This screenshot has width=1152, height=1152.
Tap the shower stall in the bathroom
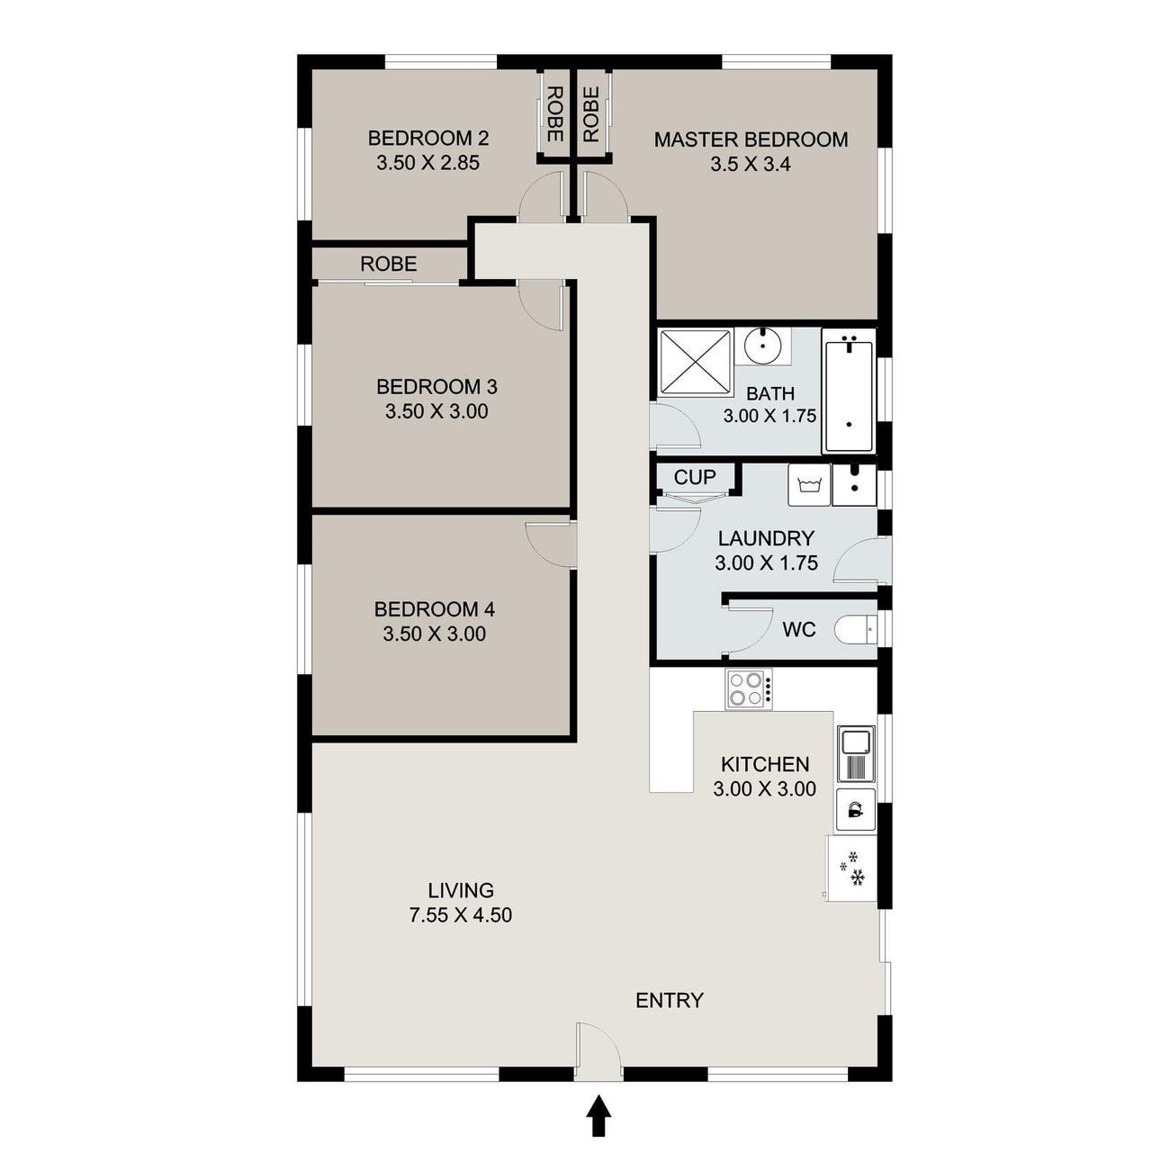(696, 362)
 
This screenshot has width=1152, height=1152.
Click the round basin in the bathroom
(763, 346)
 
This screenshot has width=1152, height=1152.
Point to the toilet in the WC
(855, 630)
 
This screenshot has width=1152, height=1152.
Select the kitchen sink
(856, 753)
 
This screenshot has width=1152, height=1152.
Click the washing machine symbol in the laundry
(809, 485)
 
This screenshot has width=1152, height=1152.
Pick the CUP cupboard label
(695, 476)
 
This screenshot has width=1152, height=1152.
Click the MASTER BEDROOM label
(751, 139)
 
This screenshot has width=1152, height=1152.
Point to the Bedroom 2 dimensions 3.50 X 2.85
(428, 163)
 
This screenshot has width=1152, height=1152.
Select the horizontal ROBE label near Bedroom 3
(389, 264)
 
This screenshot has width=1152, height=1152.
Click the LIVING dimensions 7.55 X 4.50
(461, 915)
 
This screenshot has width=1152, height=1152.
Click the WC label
(799, 629)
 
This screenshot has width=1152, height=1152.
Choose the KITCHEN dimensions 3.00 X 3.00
(765, 788)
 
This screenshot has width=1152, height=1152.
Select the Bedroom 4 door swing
(550, 544)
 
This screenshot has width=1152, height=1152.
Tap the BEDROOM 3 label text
(437, 387)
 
